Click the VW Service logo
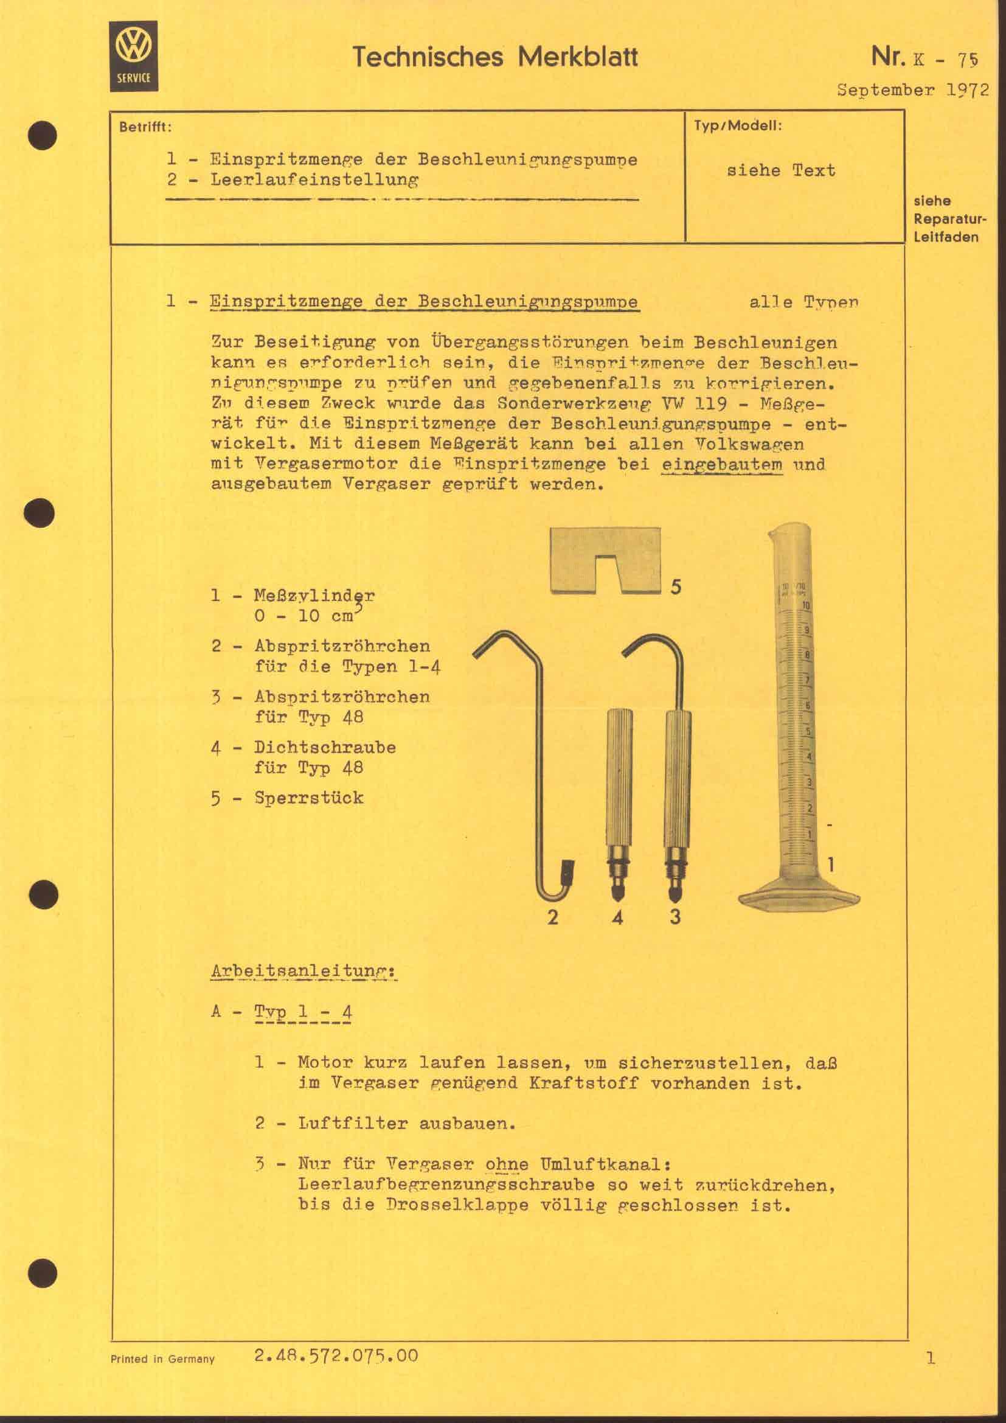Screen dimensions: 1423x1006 click(133, 56)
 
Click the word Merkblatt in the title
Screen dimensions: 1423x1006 click(577, 57)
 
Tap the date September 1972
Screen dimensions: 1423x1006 click(912, 90)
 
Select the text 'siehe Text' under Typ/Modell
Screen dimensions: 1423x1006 click(780, 170)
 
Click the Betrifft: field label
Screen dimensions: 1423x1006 click(145, 128)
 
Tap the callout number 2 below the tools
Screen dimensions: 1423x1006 click(552, 917)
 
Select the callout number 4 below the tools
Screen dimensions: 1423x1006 click(617, 917)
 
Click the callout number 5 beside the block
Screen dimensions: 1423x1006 click(676, 586)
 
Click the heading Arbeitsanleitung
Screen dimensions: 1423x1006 click(304, 971)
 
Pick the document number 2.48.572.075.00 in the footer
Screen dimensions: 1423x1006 click(336, 1355)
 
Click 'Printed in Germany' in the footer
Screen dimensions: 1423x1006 click(162, 1359)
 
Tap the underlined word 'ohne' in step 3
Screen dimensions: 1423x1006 click(506, 1164)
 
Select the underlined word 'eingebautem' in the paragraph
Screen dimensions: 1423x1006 click(722, 464)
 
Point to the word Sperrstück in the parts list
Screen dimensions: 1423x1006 click(308, 798)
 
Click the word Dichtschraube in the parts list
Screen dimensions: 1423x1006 click(325, 747)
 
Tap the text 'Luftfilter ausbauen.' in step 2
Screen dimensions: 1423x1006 click(406, 1123)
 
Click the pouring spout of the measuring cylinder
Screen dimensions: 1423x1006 click(772, 534)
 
